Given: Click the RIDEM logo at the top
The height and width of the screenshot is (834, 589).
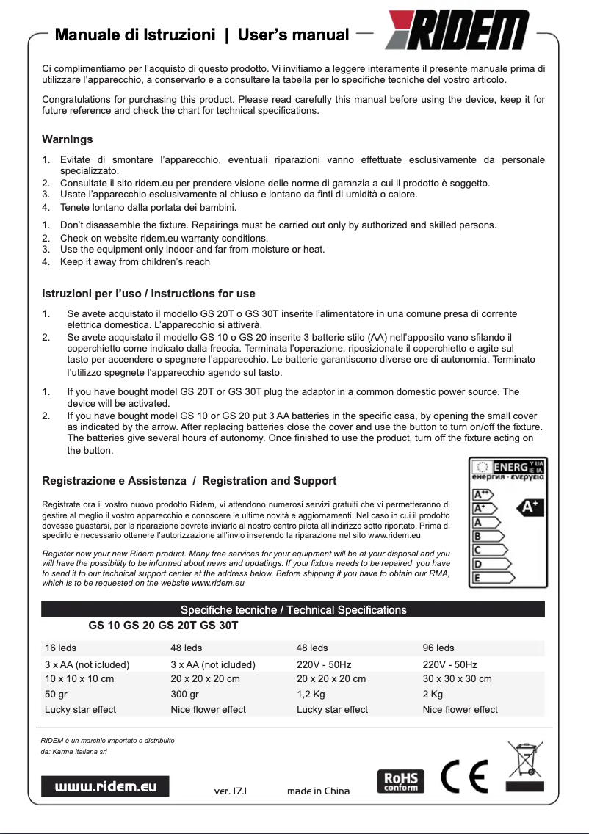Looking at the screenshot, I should (x=458, y=33).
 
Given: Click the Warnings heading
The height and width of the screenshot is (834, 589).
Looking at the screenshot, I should (x=67, y=139).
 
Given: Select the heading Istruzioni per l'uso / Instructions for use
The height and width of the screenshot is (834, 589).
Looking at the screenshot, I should (x=148, y=294).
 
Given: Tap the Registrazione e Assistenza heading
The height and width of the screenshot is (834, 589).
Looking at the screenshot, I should (x=189, y=481).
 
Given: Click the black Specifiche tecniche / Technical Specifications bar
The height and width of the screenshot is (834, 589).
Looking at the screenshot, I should (x=293, y=609).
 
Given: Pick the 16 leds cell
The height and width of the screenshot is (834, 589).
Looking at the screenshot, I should (x=60, y=648).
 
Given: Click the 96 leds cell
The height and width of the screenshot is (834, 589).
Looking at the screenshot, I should (x=438, y=648).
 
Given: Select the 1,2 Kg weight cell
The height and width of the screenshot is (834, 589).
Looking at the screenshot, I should (x=311, y=694).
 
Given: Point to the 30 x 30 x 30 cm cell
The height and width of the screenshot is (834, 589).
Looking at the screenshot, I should (x=457, y=678).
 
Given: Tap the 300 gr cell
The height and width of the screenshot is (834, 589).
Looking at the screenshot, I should (x=184, y=694).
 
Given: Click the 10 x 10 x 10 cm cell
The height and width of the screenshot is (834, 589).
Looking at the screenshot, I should (x=79, y=678).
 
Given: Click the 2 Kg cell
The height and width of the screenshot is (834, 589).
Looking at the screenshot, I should (x=433, y=694).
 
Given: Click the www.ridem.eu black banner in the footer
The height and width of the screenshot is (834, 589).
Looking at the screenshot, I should (x=105, y=786).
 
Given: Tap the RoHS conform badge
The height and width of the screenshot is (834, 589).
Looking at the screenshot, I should (x=400, y=780).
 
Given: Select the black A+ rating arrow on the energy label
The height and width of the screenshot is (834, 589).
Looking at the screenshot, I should (x=530, y=507).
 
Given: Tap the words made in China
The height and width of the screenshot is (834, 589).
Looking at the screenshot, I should (x=318, y=791).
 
